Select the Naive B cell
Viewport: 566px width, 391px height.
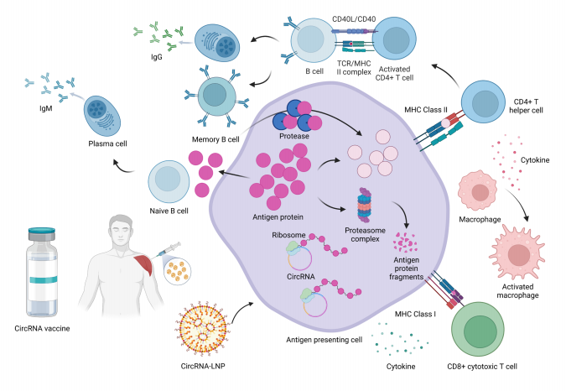167,185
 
